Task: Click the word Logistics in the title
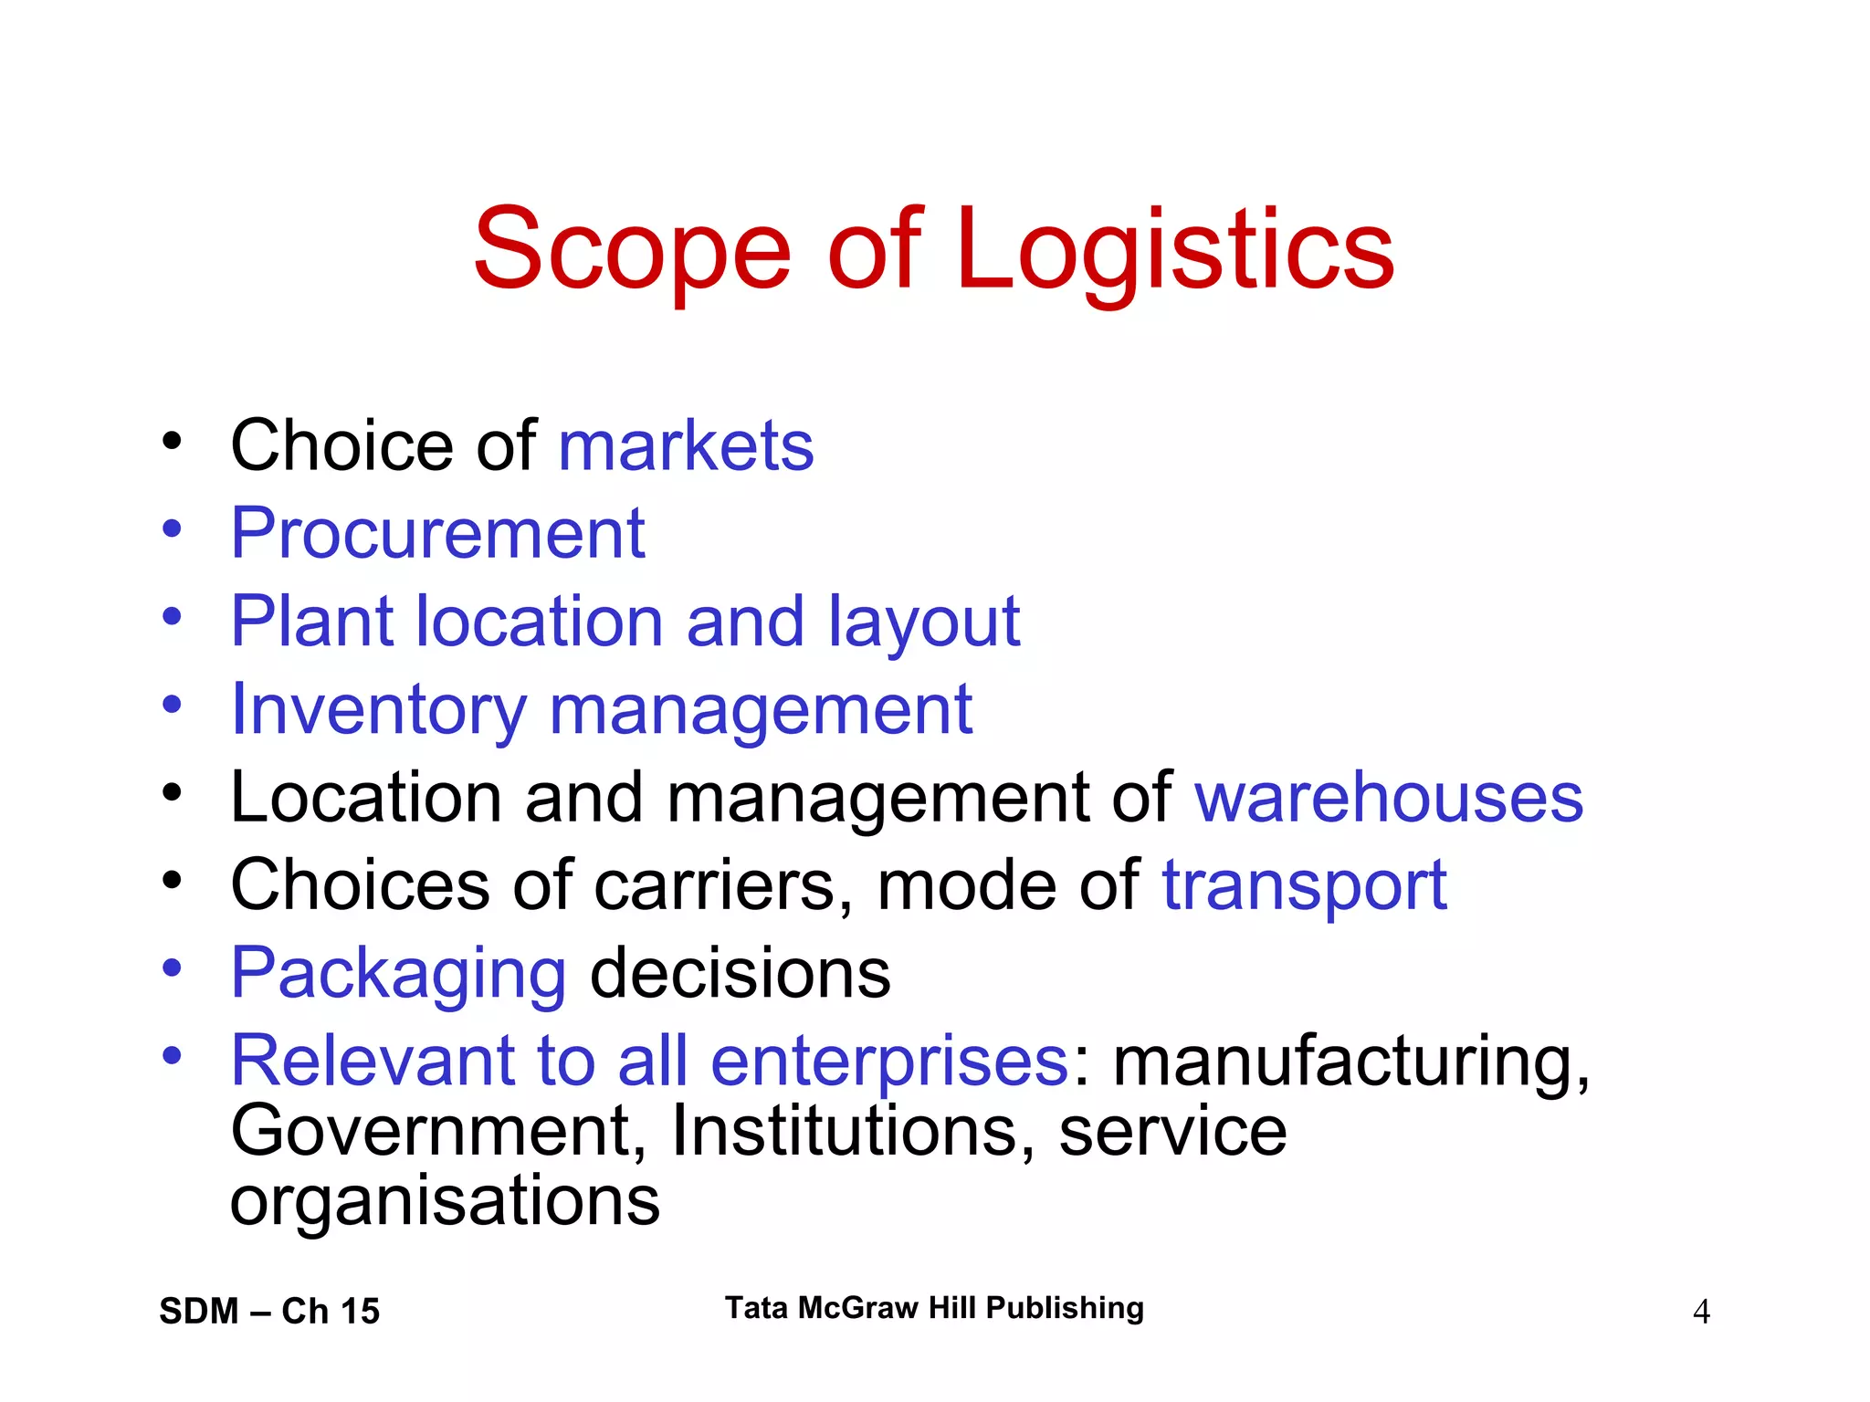point(1175,249)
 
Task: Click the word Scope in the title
point(632,249)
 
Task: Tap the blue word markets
point(686,446)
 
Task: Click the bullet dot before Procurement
point(172,529)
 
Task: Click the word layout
point(924,623)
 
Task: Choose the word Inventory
point(379,710)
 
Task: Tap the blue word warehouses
point(1389,798)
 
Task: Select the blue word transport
point(1304,885)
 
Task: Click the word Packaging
point(398,974)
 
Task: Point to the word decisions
point(741,973)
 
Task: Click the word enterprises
point(889,1061)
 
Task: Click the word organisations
point(445,1200)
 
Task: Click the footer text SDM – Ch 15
point(269,1311)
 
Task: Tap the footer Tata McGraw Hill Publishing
point(934,1308)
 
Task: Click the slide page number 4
point(1701,1312)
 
